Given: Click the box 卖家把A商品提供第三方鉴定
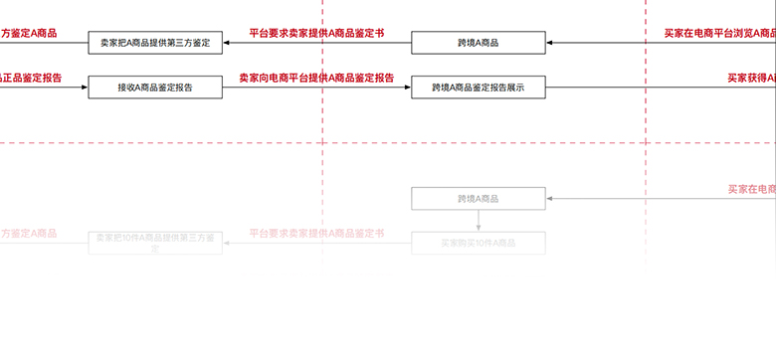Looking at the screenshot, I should point(154,44).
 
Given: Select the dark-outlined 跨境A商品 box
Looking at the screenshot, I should point(479,44).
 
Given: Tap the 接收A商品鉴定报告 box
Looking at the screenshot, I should point(154,88).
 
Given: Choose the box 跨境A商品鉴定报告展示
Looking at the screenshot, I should point(479,88).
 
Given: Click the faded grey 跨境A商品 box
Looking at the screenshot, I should point(479,199).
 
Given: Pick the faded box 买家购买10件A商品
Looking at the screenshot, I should point(479,243).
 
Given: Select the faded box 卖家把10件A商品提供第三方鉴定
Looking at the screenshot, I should point(154,243).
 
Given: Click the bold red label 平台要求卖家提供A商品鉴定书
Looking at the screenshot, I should point(316,33).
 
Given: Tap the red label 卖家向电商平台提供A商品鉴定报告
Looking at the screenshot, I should point(316,78).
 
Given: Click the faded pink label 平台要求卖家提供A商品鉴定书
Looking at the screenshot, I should point(316,233).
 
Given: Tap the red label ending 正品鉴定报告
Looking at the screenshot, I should point(32,78).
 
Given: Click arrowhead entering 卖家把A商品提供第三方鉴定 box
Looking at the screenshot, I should point(226,44).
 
